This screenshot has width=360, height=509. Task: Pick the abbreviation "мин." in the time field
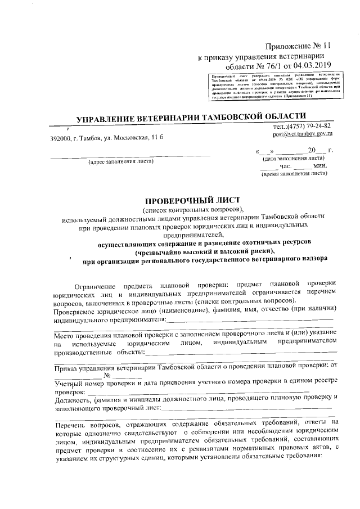point(321,166)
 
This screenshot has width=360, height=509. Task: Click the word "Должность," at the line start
point(74,400)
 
